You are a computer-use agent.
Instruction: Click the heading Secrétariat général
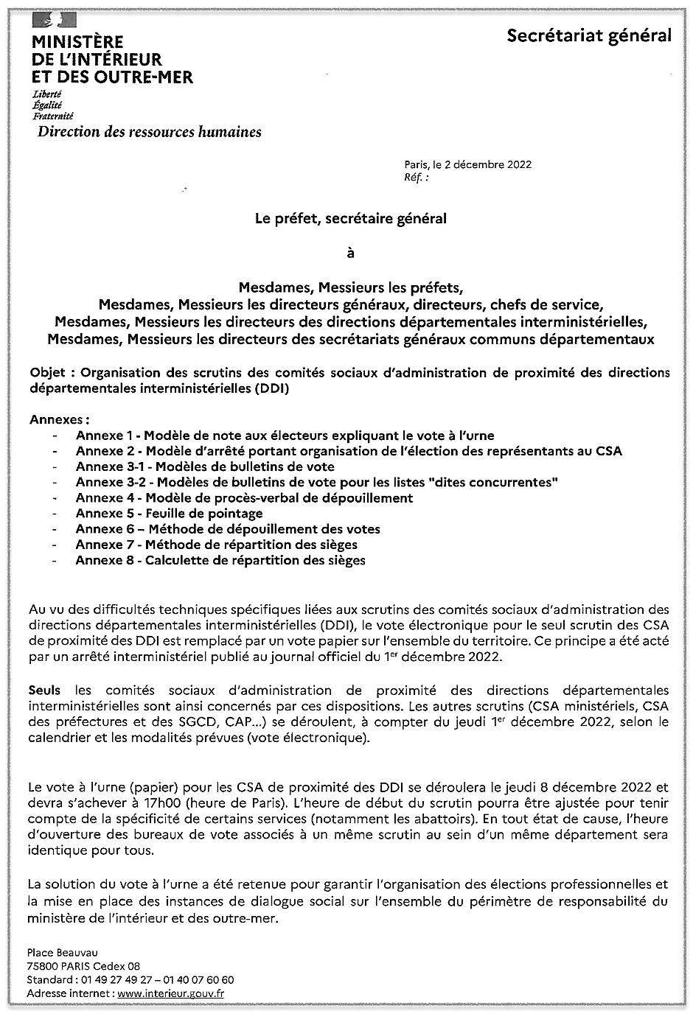pos(588,36)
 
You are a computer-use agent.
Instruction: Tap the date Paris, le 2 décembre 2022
pos(467,165)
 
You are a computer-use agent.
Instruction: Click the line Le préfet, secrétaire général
pos(350,218)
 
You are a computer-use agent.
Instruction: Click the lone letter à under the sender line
pos(350,253)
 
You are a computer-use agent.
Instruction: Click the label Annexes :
pos(60,419)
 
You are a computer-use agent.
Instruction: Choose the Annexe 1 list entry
pos(285,436)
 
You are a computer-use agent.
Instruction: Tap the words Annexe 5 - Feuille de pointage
pos(169,514)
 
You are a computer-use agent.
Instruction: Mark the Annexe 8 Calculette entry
pos(220,560)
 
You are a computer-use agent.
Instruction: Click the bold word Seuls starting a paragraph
pos(45,690)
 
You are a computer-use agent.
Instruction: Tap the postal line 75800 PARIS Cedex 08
pos(83,966)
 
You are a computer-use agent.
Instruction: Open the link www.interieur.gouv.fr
pos(171,993)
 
